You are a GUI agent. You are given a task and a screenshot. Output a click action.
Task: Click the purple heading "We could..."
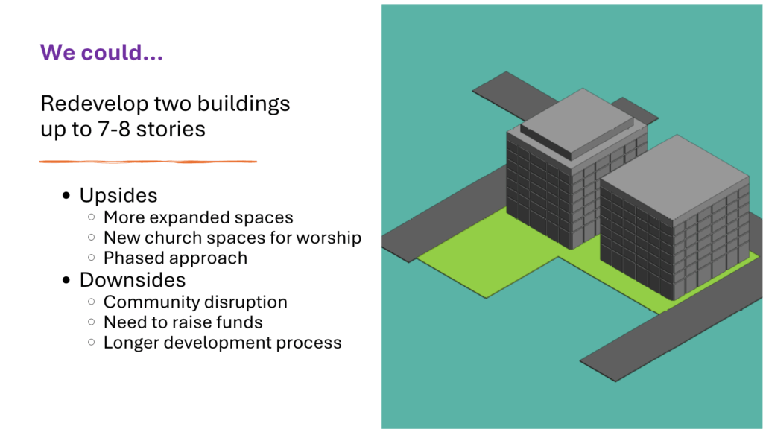101,53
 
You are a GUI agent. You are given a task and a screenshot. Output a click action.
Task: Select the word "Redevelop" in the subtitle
95,104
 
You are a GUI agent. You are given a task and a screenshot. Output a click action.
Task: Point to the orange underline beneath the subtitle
148,162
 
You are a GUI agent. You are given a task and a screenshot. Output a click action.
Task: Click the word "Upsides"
118,196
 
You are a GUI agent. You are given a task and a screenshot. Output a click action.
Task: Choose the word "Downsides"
133,280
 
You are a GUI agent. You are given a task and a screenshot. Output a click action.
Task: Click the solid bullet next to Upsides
66,196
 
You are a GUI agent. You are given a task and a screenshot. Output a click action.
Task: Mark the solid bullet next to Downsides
66,280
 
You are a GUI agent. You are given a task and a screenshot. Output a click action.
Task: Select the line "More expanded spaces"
198,217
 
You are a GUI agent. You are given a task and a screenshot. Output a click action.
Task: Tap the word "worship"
329,238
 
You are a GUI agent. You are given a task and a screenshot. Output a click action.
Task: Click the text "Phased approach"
175,258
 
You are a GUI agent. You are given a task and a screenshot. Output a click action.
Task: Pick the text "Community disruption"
195,302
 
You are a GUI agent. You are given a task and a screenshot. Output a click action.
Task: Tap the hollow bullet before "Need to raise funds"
92,322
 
